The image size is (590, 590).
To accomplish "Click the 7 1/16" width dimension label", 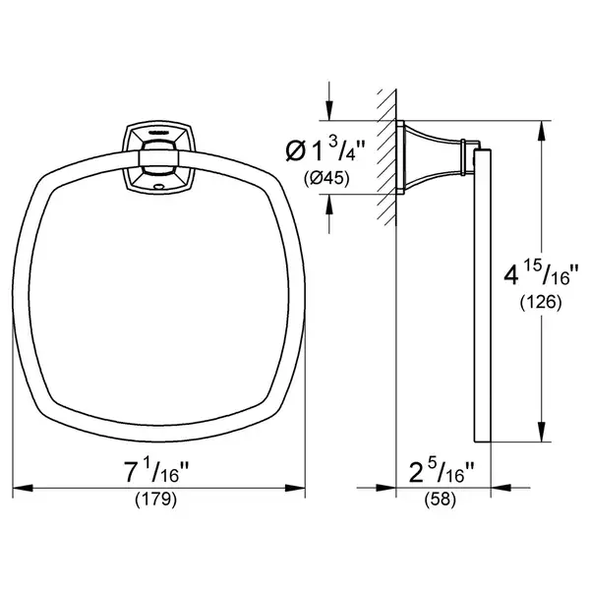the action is tap(155, 473).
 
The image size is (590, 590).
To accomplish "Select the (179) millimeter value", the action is tap(155, 500).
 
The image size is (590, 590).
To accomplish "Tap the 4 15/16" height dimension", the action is tap(541, 274).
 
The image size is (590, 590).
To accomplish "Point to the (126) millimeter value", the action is tap(541, 302).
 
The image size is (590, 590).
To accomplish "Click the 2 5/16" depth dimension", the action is tap(442, 473).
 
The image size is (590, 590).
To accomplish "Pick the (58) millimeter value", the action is tap(441, 500).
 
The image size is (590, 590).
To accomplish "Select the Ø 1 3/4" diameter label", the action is tap(325, 150).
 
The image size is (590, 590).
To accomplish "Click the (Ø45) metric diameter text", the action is tap(326, 178).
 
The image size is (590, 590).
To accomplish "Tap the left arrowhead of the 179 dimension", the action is tap(23, 488).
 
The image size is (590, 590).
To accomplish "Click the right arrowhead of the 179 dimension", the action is tap(295, 488).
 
